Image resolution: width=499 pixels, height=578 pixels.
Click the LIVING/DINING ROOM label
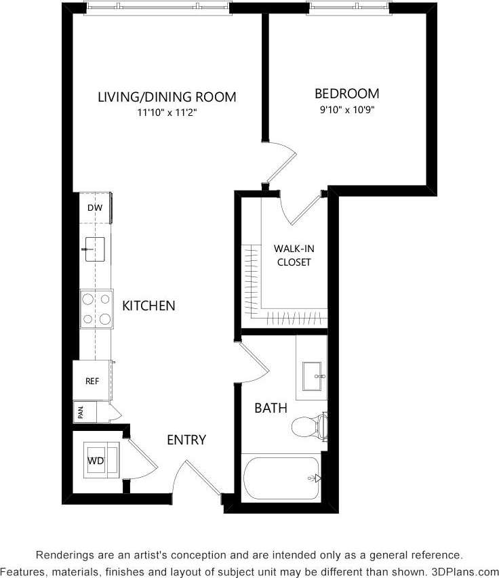167,97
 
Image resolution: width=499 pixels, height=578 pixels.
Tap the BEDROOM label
346,94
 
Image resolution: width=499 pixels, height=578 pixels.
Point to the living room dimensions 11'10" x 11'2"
167,113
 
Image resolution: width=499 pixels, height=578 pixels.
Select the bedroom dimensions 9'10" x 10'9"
346,110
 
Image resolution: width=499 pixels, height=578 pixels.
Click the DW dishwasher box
94,208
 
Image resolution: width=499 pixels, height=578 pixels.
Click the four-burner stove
96,308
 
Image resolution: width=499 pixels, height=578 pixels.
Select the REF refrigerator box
92,381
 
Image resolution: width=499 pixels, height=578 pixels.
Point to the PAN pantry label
80,412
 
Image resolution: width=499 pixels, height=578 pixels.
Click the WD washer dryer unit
96,461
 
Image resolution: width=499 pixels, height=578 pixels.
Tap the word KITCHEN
148,306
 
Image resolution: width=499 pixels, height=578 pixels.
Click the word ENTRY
186,440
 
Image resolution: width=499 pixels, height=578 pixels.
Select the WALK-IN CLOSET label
294,255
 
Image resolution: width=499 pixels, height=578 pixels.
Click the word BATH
271,408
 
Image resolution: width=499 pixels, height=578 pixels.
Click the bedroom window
350,7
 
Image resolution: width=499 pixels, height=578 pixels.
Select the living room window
157,7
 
